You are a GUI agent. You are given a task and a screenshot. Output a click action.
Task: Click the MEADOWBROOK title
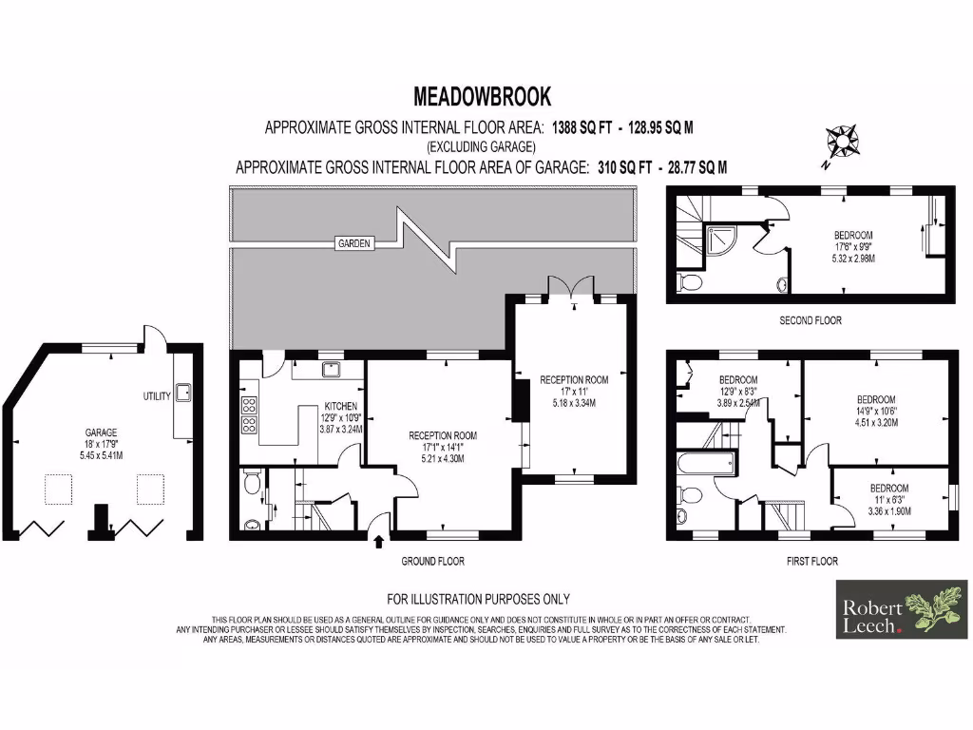(x=482, y=96)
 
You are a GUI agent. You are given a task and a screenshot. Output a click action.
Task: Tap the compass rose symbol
(x=841, y=143)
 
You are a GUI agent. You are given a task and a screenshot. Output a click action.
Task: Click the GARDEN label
(x=353, y=243)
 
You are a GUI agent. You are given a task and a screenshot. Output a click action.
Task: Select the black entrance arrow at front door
(x=380, y=543)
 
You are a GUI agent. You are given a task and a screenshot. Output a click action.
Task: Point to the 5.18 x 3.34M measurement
(x=573, y=404)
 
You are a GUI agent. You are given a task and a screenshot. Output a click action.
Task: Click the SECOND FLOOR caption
(x=810, y=320)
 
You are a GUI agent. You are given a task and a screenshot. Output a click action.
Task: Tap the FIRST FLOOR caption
(x=811, y=561)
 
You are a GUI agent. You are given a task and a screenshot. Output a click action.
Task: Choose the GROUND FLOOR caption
(x=432, y=561)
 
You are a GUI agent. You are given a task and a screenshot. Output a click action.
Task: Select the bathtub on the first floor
(x=705, y=464)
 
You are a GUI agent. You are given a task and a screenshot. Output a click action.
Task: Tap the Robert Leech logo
(x=902, y=608)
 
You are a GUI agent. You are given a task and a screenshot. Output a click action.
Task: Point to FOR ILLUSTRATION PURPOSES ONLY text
(x=478, y=599)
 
